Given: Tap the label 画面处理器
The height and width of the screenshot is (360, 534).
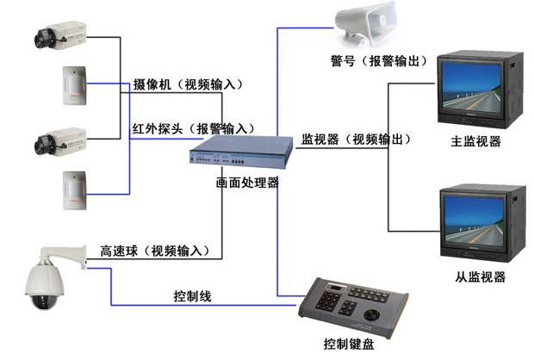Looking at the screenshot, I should pyautogui.click(x=246, y=183).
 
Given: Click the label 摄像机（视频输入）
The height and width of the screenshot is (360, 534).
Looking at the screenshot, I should pyautogui.click(x=189, y=84).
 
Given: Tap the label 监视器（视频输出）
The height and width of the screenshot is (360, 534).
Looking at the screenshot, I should pyautogui.click(x=355, y=140).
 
